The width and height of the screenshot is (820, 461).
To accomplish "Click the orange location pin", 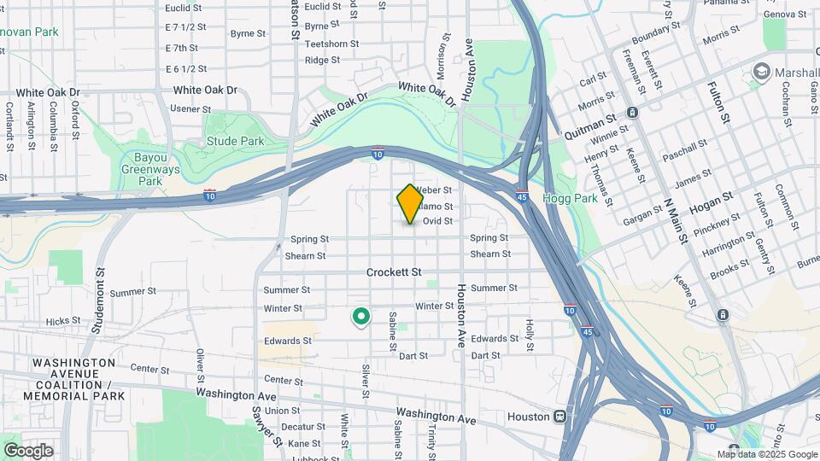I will (x=410, y=203).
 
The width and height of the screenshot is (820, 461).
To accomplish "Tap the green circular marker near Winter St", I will (x=361, y=317).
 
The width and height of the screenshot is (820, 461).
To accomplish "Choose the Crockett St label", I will (x=394, y=272).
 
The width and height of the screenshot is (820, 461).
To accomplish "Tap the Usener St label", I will (x=190, y=109).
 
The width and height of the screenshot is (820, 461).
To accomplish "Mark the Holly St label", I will (x=530, y=336).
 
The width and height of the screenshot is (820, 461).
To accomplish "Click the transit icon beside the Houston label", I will (x=560, y=417).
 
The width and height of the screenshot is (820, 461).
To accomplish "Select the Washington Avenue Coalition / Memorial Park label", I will (x=73, y=379).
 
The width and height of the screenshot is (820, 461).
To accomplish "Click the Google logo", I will (x=28, y=450).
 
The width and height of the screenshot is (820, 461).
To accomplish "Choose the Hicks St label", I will (x=63, y=322).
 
